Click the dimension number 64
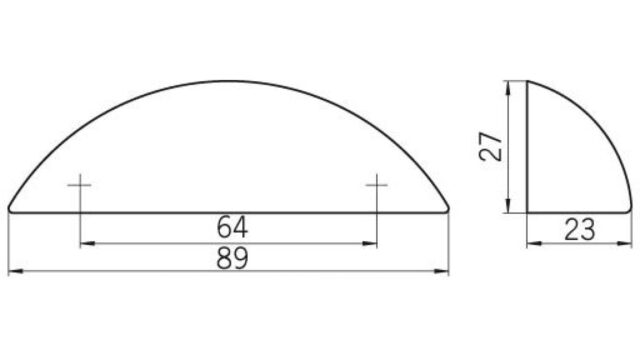[232, 227]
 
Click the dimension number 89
[232, 258]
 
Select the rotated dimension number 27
[491, 147]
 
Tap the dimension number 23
[580, 229]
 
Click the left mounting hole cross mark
[80, 185]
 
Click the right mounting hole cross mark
[377, 185]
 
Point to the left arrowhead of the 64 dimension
[87, 244]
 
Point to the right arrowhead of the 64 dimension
[369, 244]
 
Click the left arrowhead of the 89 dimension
[16, 271]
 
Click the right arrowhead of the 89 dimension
[441, 271]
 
